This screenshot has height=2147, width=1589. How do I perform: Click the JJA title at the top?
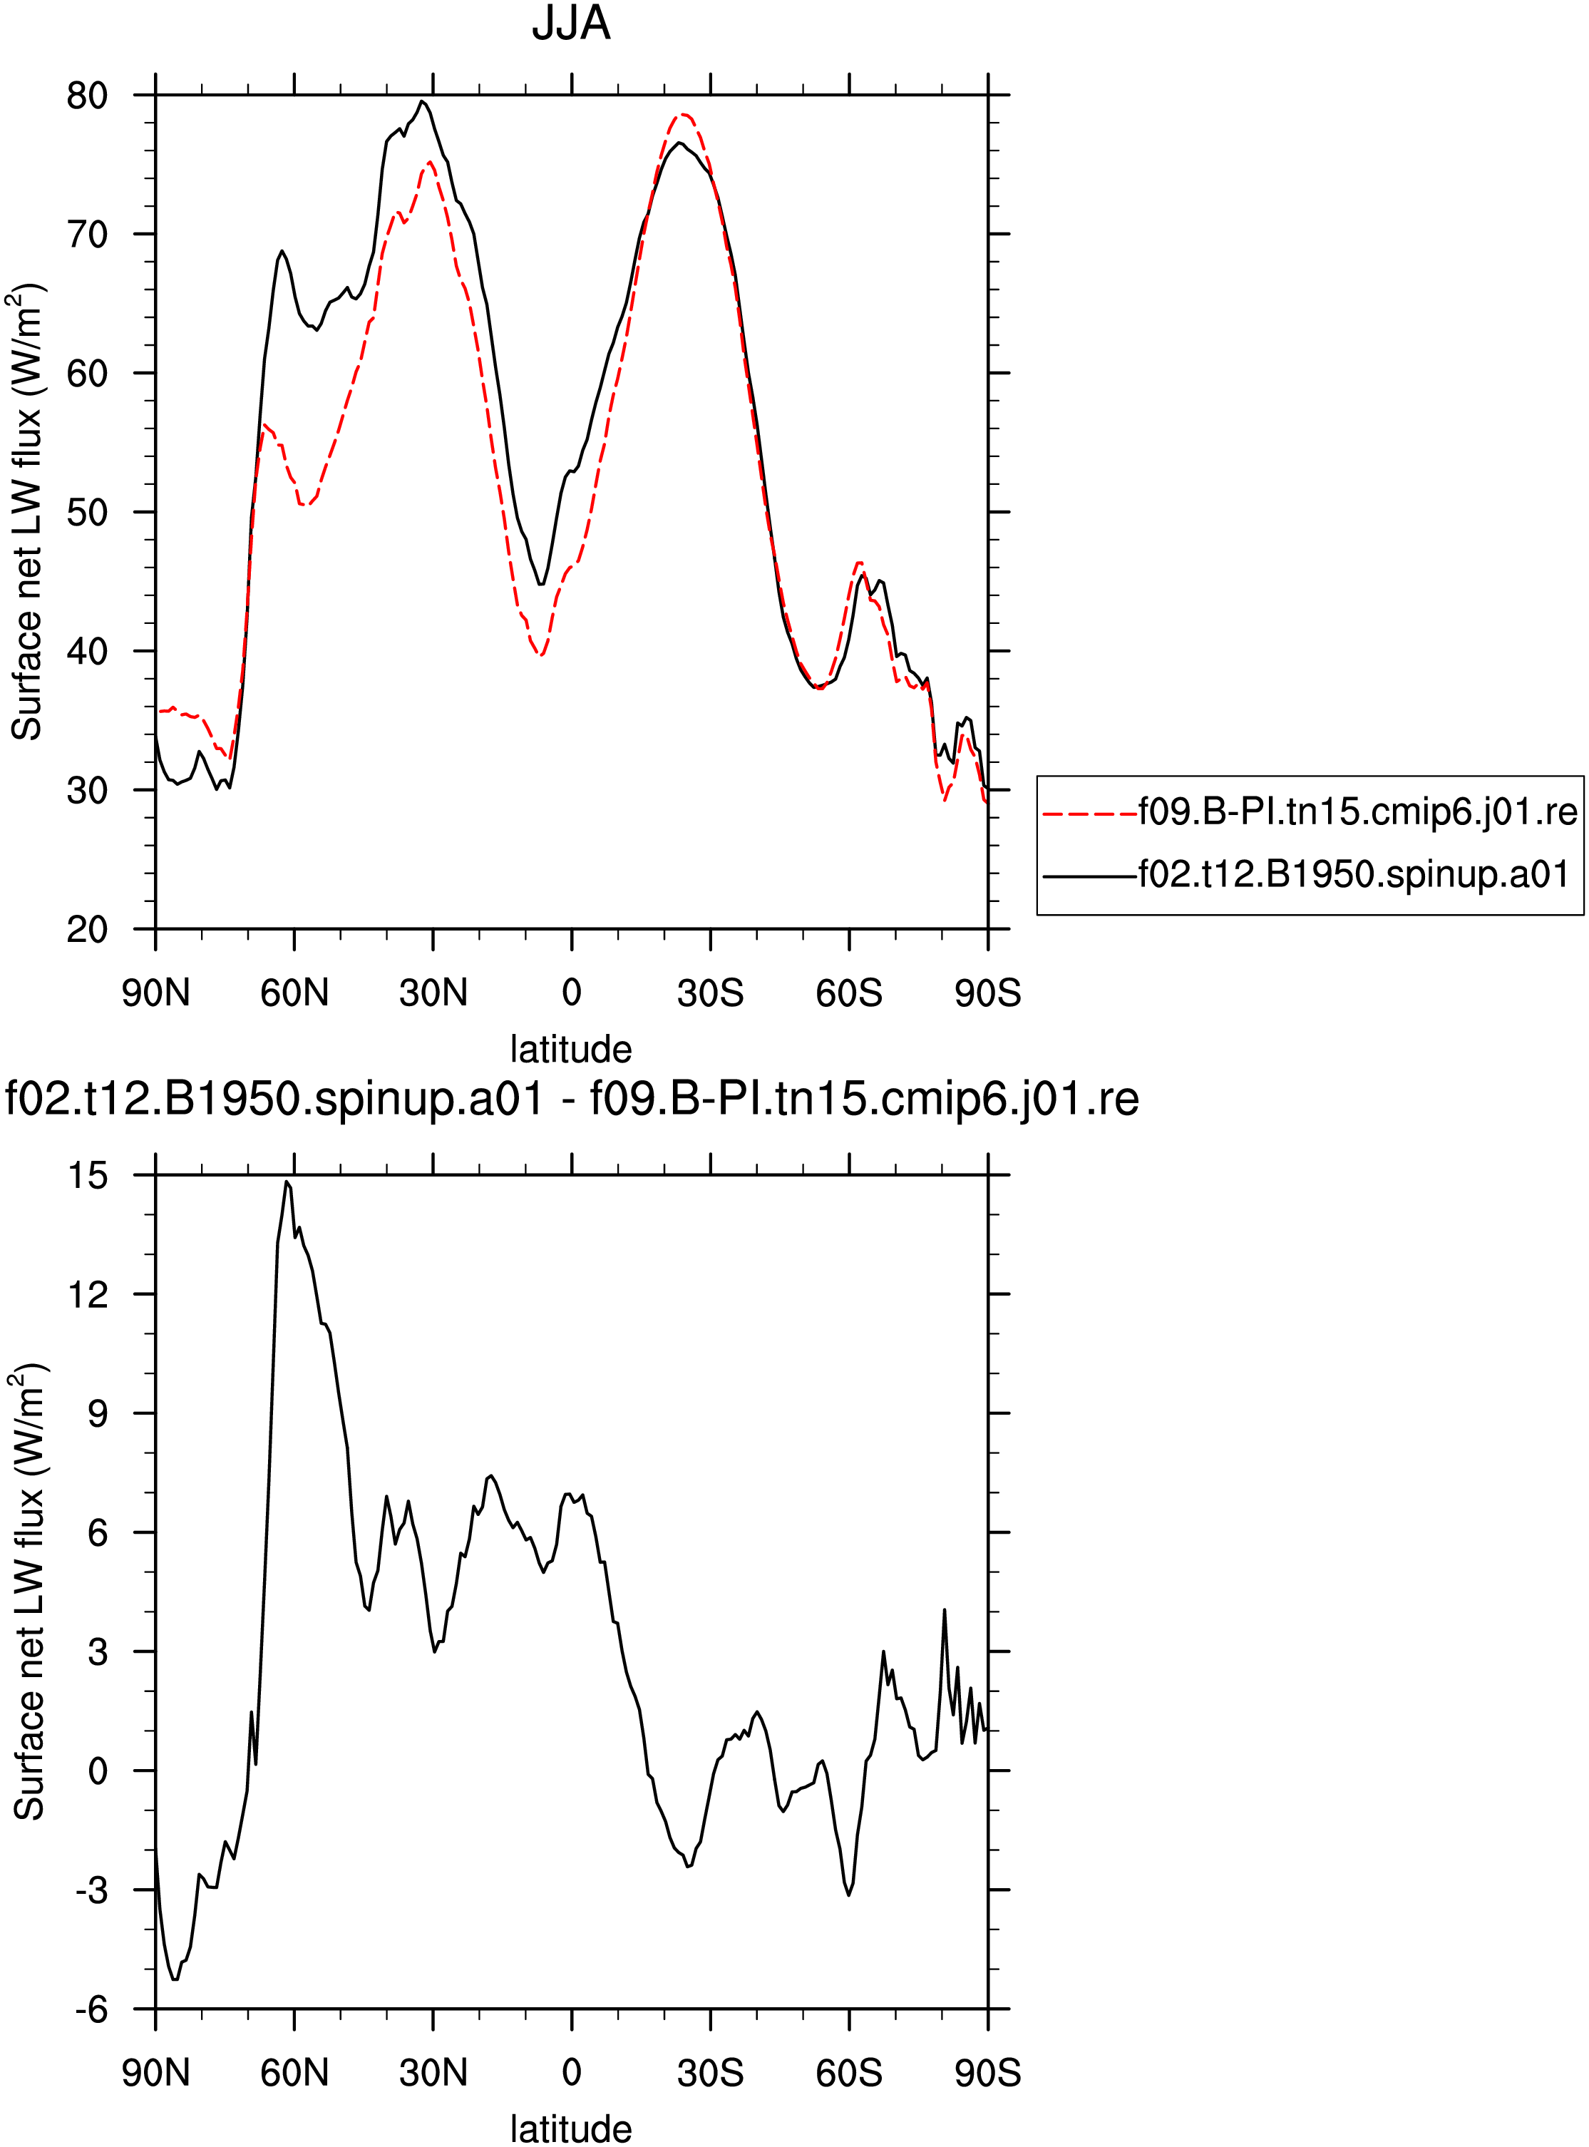[x=571, y=23]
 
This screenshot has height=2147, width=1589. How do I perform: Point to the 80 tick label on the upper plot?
[x=86, y=96]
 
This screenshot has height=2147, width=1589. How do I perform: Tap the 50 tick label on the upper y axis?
[x=86, y=512]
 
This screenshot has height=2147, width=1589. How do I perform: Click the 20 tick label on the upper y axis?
[x=86, y=929]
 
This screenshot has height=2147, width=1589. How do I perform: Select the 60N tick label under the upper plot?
[x=294, y=993]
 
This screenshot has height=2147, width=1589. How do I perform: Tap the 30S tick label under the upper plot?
[x=710, y=993]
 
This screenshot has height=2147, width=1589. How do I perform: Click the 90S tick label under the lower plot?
[x=988, y=2073]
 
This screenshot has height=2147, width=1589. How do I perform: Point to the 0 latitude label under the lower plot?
[x=571, y=2073]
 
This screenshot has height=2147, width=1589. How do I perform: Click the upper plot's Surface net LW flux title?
[x=27, y=512]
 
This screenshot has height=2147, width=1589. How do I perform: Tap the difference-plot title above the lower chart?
[x=571, y=1099]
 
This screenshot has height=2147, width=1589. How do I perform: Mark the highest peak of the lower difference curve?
[x=287, y=1182]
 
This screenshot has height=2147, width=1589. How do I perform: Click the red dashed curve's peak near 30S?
[x=682, y=115]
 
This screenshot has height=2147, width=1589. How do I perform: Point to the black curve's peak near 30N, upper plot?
[x=422, y=101]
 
